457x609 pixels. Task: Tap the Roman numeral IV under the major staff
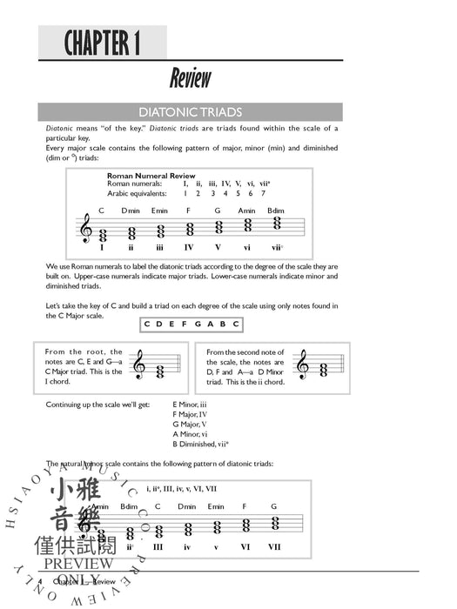[x=190, y=248]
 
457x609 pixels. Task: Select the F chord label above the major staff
[x=189, y=211]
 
